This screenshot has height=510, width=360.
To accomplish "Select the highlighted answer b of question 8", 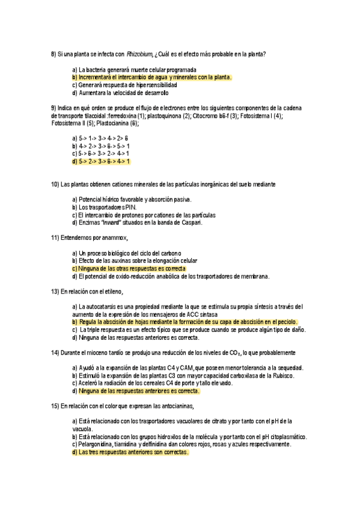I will pos(151,78).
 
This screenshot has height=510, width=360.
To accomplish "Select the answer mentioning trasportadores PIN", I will pos(103,207).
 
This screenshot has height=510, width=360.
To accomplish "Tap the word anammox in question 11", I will pos(113,238).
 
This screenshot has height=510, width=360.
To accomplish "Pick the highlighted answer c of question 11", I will pos(129,269).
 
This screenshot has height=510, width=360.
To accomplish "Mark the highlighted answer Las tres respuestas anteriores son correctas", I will pos(130,452).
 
